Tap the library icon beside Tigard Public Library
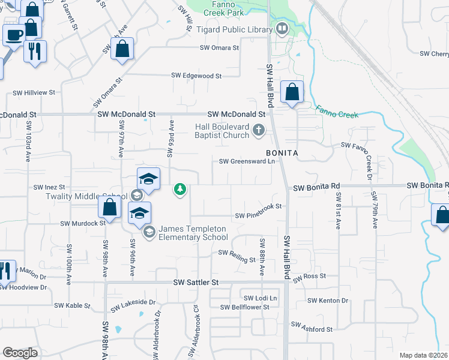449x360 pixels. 281,28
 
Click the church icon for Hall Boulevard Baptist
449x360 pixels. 259,130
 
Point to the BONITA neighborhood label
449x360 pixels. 282,153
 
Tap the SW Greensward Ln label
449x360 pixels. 247,161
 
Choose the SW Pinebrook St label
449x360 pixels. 258,215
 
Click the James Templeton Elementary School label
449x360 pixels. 193,233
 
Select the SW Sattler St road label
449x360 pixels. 196,281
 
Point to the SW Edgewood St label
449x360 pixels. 196,76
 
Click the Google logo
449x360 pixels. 20,353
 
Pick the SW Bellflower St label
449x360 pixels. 244,307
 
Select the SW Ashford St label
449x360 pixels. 312,328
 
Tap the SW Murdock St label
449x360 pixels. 83,223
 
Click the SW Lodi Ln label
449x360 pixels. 260,298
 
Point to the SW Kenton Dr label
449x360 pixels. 327,301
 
